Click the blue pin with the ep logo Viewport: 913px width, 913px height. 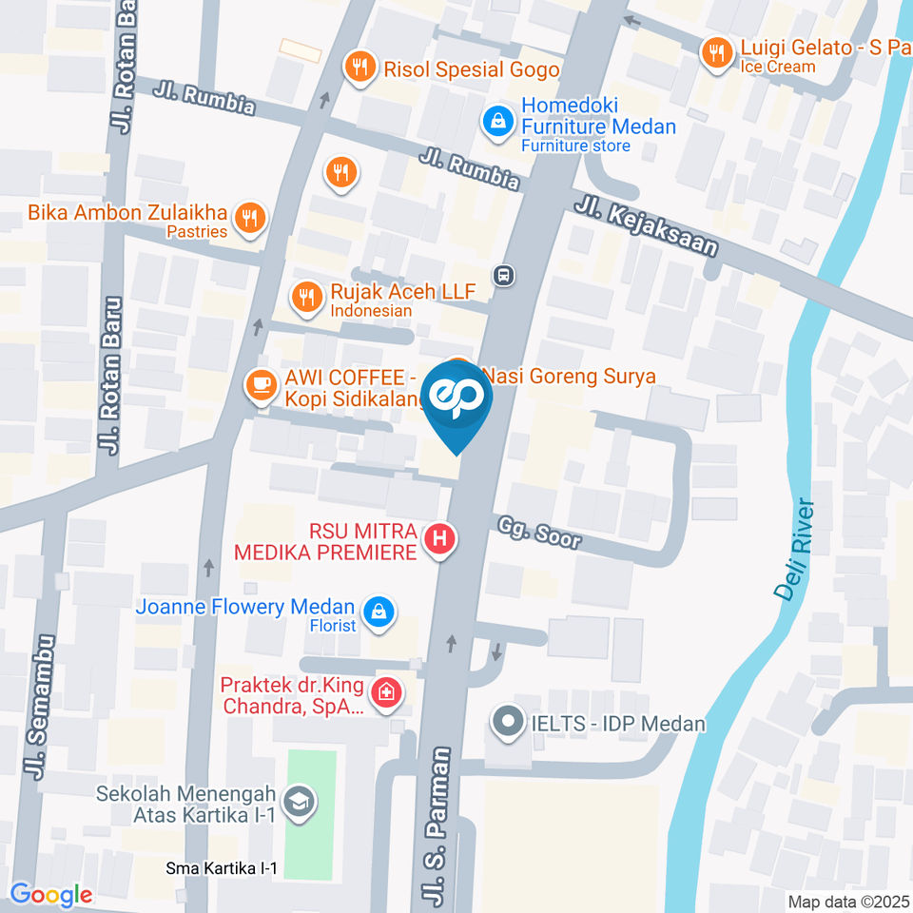point(457,400)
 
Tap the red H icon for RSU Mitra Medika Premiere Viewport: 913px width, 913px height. point(439,540)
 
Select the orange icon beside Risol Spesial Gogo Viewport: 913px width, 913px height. point(359,67)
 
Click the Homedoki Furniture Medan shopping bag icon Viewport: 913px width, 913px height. point(495,121)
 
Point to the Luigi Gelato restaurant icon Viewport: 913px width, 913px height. point(714,52)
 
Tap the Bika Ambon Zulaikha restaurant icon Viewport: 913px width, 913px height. point(249,217)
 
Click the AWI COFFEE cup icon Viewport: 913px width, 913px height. point(261,384)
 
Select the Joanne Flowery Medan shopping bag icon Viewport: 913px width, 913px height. point(379,612)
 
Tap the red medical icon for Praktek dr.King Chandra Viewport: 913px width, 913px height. point(386,692)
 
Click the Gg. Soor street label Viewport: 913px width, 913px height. point(538,536)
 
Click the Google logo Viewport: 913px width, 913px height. point(51,894)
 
